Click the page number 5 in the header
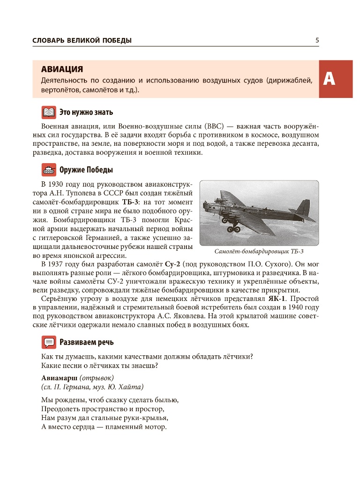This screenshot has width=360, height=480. tap(317, 40)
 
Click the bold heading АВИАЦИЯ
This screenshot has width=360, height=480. tap(62, 69)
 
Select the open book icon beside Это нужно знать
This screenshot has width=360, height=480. tap(49, 112)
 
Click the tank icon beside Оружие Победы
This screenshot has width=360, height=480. tap(49, 170)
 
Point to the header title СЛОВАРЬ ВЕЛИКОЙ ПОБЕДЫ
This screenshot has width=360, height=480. tap(82, 41)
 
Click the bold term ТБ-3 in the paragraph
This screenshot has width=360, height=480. tap(130, 202)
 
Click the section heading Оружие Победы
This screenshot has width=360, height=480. tap(86, 170)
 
